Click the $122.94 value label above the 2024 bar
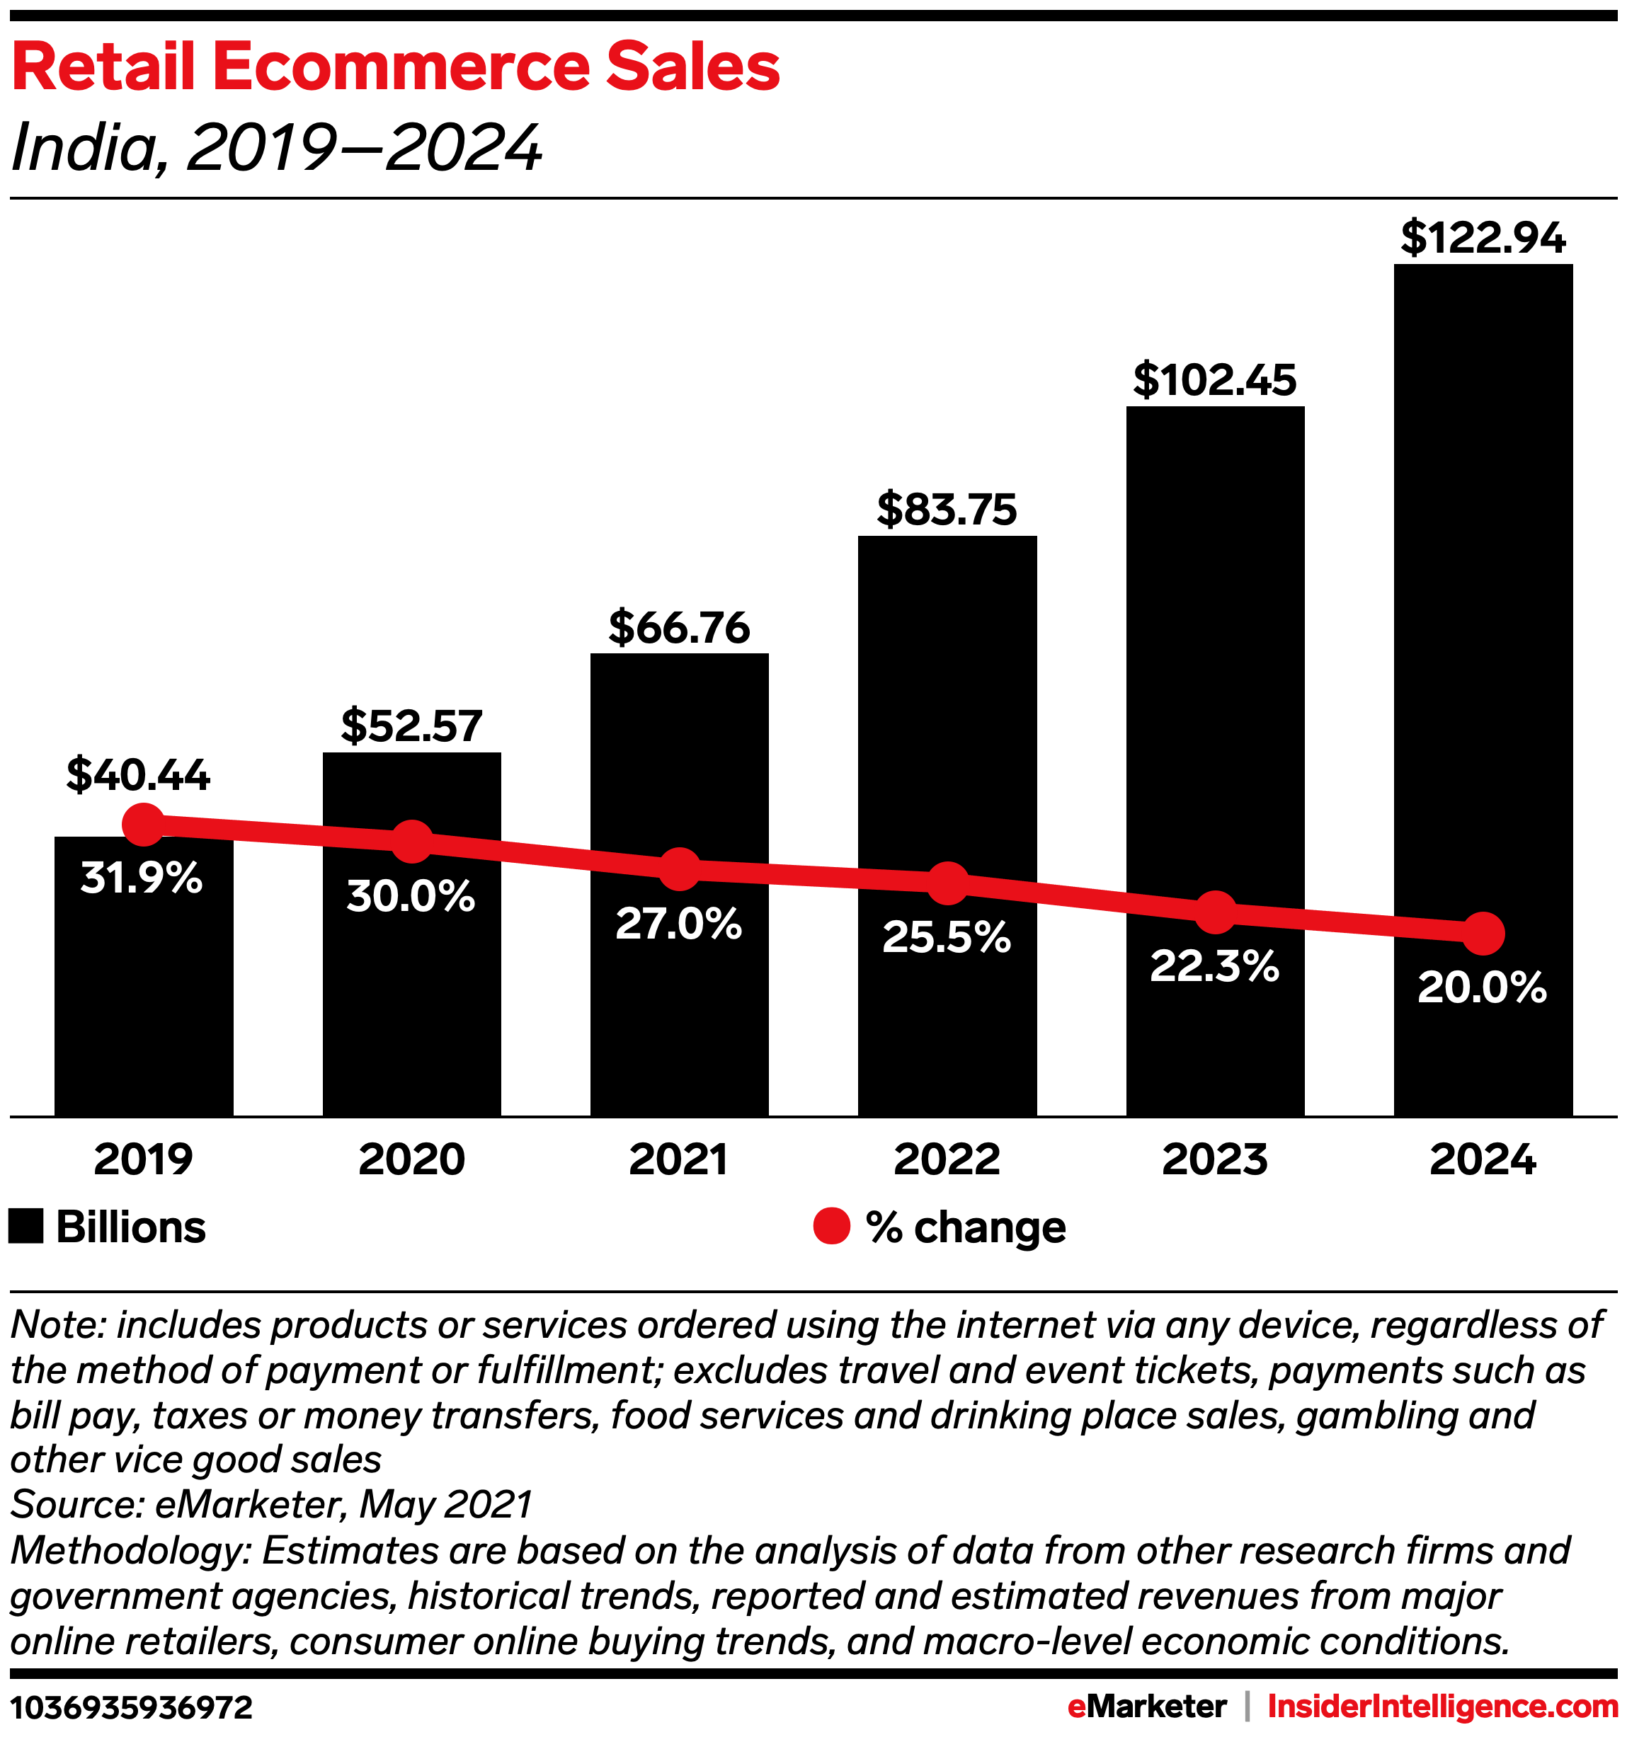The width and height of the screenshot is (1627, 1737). click(1483, 239)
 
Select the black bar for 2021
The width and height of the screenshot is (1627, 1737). click(679, 1005)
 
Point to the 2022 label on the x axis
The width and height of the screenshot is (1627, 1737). click(947, 1159)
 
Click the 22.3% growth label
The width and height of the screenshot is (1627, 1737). click(1214, 966)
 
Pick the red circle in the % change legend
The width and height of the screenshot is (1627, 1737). click(831, 1227)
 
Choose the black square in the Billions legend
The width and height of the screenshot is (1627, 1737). click(26, 1227)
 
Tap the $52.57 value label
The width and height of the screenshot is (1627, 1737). click(411, 726)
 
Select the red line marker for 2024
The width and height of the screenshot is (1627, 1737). click(1483, 933)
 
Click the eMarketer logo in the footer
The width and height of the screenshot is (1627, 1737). click(1146, 1706)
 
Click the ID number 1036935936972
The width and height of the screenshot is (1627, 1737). click(132, 1707)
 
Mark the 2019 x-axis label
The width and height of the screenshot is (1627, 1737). click(143, 1159)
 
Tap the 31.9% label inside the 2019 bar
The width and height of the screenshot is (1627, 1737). click(142, 877)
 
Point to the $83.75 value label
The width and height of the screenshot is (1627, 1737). click(947, 510)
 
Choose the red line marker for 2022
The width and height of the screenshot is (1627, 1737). click(947, 883)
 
